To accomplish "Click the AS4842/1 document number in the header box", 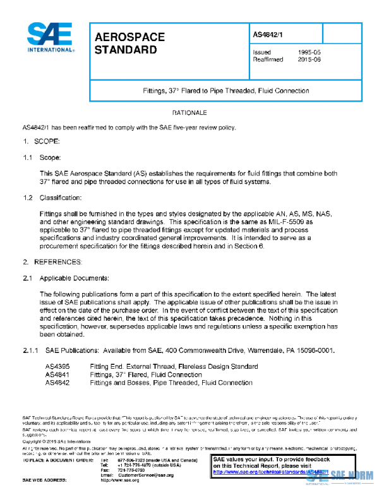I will coord(268,33).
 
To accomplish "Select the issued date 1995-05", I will coord(310,52).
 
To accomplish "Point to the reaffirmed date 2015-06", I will coord(310,60).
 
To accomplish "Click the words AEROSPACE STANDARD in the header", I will coord(129,44).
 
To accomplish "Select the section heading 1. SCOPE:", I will coord(43,143).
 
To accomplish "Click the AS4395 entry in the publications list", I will coord(57,366).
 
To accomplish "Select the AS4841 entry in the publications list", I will coord(57,374).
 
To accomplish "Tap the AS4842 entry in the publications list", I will coord(57,383).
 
